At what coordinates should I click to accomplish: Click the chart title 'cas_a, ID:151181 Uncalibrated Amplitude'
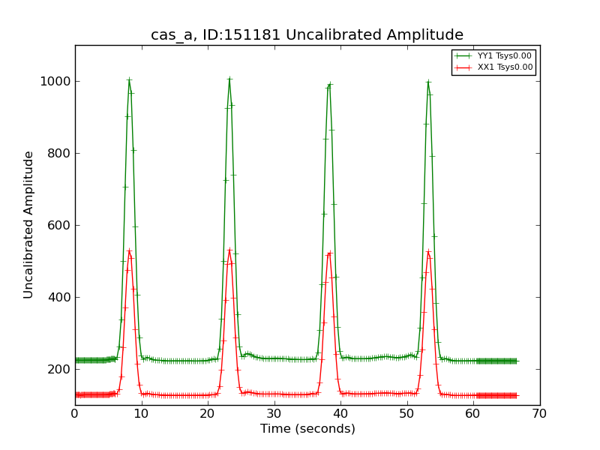(307, 35)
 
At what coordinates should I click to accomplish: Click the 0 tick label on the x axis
(75, 413)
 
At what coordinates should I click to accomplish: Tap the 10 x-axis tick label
(141, 413)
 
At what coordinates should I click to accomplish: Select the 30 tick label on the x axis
(274, 413)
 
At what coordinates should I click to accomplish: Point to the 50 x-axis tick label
(406, 413)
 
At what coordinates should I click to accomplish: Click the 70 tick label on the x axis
(539, 413)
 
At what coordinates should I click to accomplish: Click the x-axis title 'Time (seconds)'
(307, 429)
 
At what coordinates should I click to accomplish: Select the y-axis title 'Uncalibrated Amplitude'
(29, 225)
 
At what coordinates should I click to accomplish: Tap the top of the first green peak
(129, 79)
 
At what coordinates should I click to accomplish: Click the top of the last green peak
(428, 81)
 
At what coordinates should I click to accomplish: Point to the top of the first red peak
(129, 250)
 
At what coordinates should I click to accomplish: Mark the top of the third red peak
(329, 253)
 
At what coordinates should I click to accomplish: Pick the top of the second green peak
(229, 78)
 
